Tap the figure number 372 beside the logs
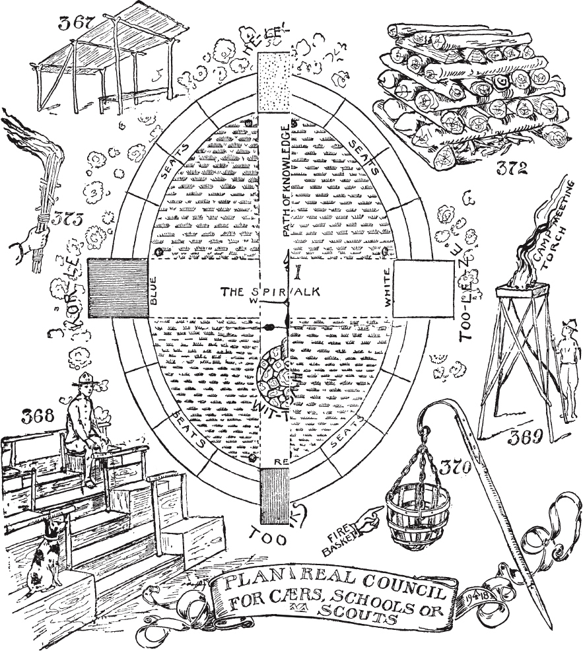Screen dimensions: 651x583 pyautogui.click(x=512, y=168)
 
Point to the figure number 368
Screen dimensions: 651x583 pyautogui.click(x=33, y=417)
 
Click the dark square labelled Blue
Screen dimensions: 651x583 pyautogui.click(x=117, y=289)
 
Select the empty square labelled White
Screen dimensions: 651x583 pyautogui.click(x=423, y=289)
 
